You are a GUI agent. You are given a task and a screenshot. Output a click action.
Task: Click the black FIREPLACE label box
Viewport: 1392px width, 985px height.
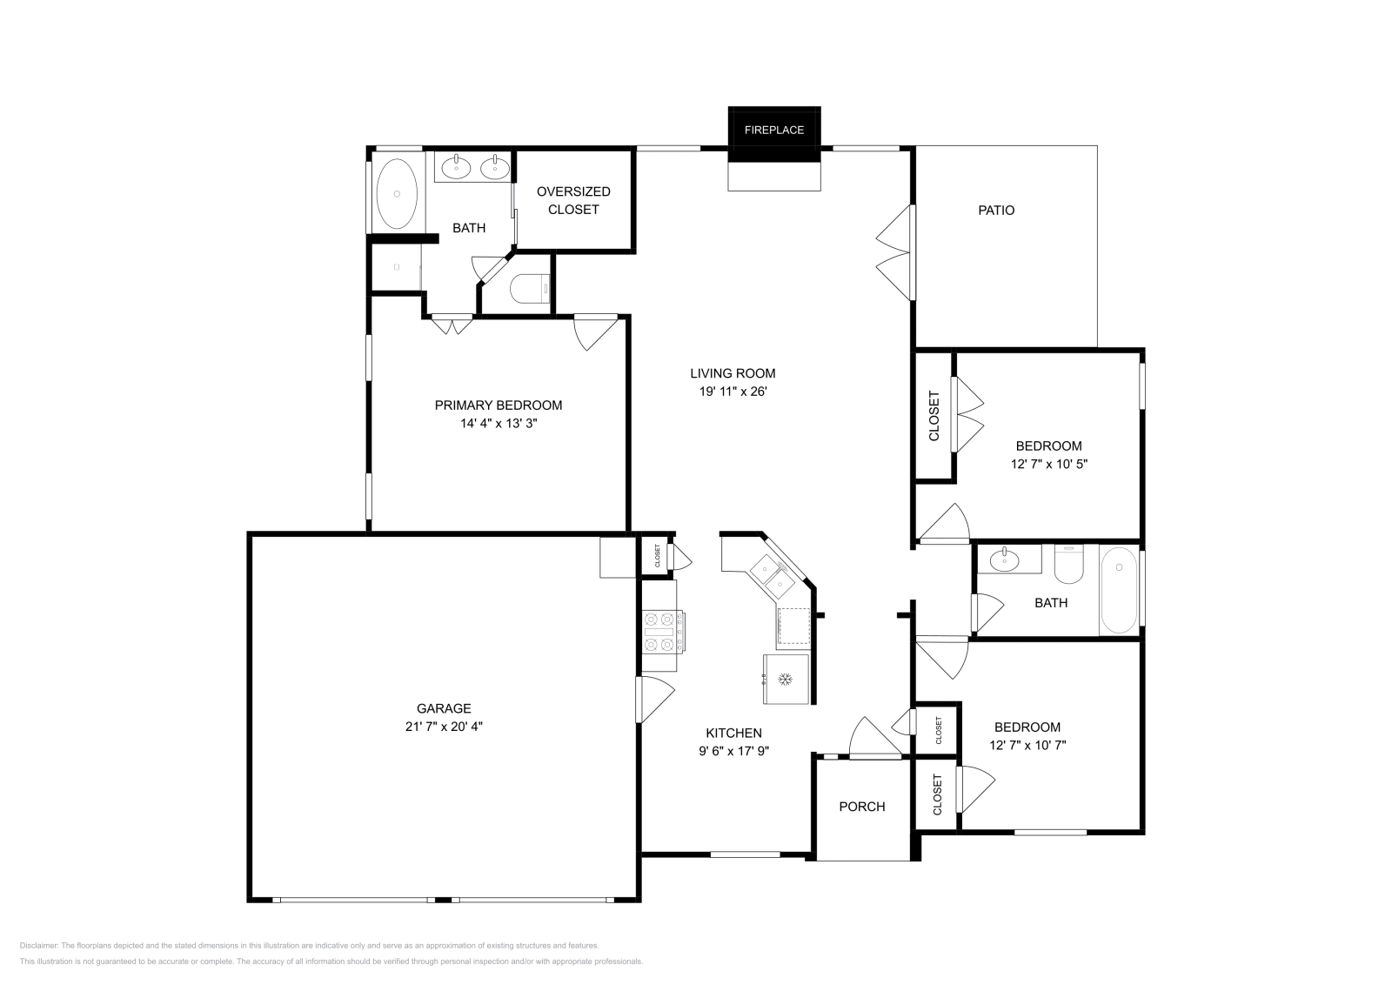click(773, 131)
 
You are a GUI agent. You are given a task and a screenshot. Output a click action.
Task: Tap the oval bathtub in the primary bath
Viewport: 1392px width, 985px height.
click(397, 193)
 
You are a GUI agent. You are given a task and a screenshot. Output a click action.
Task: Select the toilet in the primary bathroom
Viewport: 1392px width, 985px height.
click(530, 288)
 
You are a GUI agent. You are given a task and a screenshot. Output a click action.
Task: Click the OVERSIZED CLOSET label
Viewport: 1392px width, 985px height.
click(573, 200)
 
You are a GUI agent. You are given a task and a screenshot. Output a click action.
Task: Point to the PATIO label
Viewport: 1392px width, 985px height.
click(996, 210)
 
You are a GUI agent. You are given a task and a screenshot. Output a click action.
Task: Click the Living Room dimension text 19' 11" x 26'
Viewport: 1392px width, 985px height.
click(733, 392)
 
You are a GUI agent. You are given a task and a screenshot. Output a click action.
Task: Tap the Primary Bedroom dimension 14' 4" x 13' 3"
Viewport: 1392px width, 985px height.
click(499, 424)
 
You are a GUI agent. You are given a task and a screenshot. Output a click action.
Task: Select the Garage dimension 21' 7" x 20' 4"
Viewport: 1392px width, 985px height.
click(444, 727)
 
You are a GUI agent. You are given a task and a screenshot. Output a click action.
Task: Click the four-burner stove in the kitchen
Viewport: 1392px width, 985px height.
click(661, 633)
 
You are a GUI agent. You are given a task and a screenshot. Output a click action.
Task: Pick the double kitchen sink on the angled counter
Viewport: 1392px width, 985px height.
click(771, 573)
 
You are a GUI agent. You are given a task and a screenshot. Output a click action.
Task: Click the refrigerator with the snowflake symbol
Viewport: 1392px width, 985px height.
click(786, 678)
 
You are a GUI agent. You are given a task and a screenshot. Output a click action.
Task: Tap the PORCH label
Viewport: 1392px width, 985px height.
click(862, 807)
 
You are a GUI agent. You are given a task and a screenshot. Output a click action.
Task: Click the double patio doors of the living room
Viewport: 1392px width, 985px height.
click(896, 253)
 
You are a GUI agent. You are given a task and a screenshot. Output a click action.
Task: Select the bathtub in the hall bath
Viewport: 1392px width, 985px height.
click(1119, 591)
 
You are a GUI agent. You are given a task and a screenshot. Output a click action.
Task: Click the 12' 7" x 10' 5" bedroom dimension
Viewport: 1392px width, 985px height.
click(1049, 464)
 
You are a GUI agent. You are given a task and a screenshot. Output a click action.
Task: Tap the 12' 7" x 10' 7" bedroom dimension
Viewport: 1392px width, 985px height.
click(1027, 745)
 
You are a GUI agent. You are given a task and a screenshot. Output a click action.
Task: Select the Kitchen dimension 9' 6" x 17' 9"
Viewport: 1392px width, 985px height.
click(733, 751)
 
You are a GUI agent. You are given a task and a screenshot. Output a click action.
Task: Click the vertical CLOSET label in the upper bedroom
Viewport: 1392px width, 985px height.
click(934, 416)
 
